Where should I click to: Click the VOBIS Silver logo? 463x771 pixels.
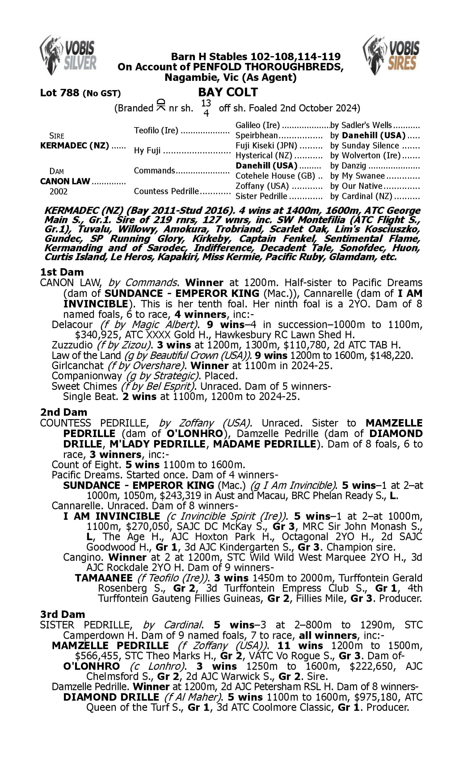[68, 55]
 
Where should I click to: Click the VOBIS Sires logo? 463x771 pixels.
[391, 55]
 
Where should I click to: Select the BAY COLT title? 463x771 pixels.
[228, 92]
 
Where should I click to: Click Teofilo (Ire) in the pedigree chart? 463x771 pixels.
[156, 130]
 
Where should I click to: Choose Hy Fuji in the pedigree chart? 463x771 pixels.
[147, 150]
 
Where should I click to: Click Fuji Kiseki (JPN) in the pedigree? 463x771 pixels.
[266, 146]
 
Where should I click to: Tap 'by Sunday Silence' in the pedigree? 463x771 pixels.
[365, 146]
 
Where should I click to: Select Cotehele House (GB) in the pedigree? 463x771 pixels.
[275, 176]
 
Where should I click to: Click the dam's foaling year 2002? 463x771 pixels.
[58, 191]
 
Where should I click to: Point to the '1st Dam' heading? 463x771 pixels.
[62, 272]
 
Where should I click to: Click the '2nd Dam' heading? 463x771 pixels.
[63, 412]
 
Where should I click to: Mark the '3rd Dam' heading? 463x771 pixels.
[62, 614]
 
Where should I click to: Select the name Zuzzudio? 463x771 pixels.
[72, 345]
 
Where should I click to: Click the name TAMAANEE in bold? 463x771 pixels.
[104, 578]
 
